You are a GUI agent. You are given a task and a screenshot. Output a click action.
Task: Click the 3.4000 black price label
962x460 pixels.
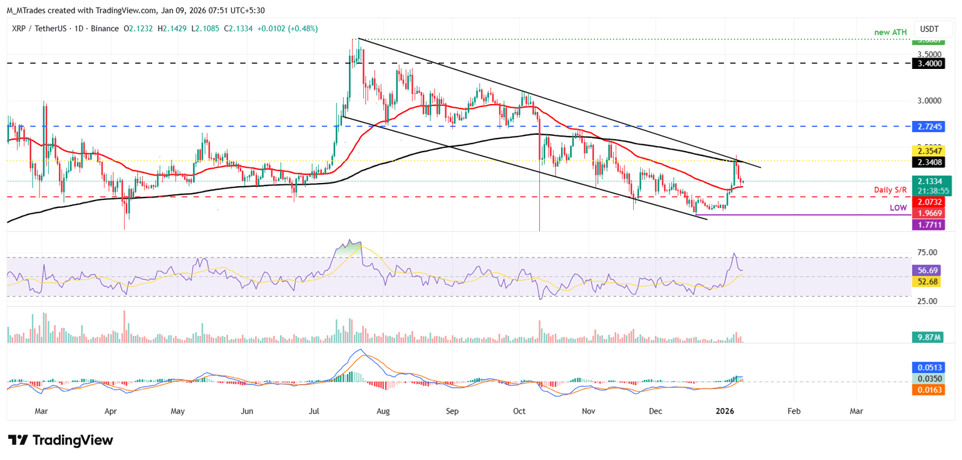(x=931, y=63)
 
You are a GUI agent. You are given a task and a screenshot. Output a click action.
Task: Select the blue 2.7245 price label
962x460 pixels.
(x=931, y=126)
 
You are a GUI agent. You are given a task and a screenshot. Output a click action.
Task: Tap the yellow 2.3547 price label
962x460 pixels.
(x=931, y=151)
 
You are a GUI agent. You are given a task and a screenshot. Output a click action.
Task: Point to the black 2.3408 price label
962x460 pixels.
(x=931, y=162)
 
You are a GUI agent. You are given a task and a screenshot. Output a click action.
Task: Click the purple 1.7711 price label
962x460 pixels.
(x=931, y=224)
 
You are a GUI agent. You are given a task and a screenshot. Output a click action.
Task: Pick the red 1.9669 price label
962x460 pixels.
(x=931, y=213)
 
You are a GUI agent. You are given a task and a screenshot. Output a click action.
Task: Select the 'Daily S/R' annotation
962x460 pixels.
(x=892, y=189)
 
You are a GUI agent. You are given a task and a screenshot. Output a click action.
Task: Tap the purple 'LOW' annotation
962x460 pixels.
(x=899, y=207)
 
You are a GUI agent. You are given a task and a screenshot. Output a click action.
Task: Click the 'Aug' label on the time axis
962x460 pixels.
(x=383, y=411)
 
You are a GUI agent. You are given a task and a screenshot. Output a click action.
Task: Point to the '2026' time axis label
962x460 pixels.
(x=725, y=411)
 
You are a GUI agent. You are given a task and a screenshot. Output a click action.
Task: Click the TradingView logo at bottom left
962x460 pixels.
(x=61, y=440)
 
